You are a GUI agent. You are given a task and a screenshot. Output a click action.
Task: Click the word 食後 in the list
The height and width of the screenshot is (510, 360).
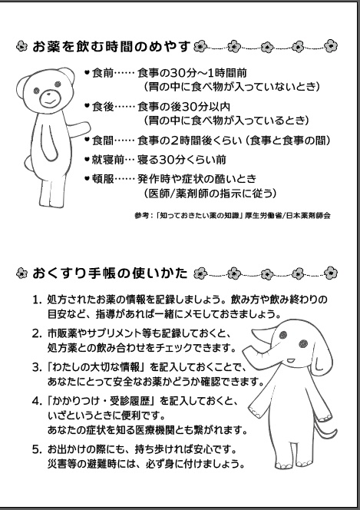click(102, 107)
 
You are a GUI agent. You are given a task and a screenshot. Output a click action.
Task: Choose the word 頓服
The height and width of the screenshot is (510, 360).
click(102, 179)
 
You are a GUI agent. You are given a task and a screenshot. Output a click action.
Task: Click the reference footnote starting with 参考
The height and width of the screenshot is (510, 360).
click(231, 216)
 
